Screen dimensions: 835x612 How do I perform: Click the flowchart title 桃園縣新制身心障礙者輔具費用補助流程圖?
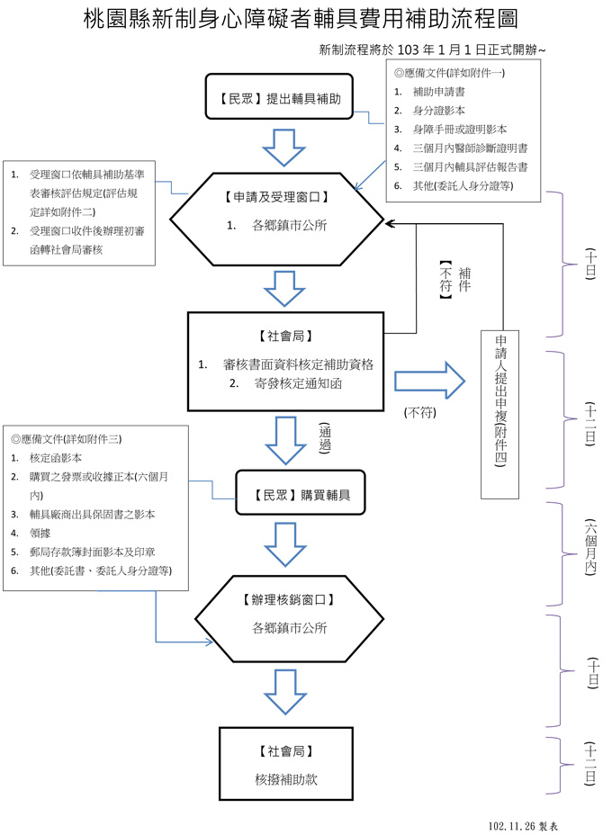[300, 20]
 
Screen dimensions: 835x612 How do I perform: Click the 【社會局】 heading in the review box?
[285, 336]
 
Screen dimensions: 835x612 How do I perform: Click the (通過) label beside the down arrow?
[326, 438]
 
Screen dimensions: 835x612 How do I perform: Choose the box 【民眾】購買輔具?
[301, 494]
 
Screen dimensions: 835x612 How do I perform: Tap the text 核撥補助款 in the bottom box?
[285, 779]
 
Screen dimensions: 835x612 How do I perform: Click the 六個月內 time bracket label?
[590, 548]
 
